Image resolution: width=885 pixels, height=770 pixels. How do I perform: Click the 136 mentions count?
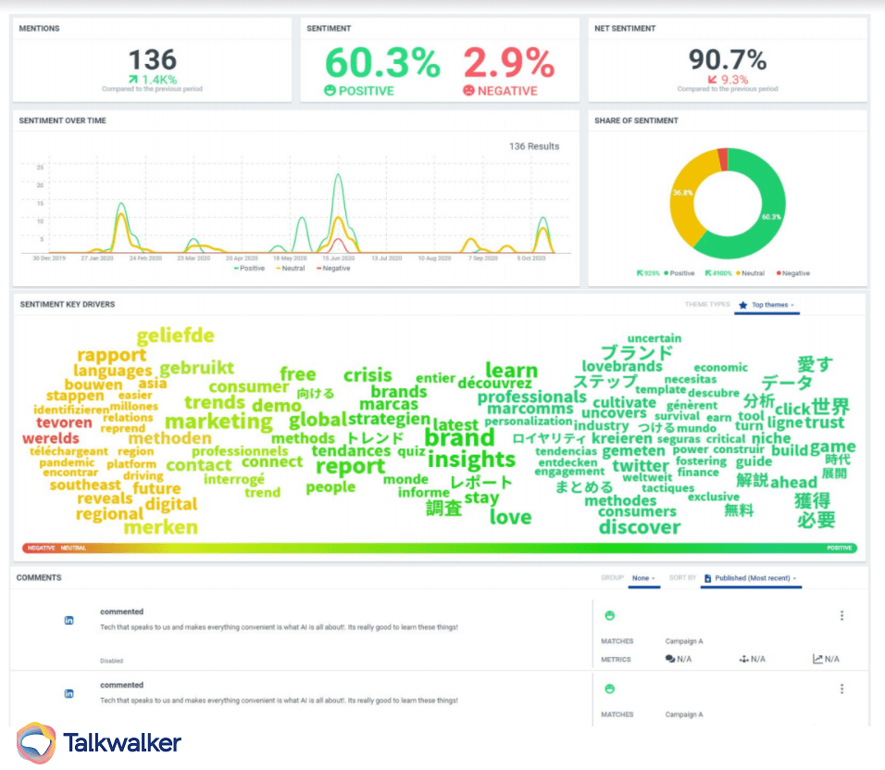click(152, 60)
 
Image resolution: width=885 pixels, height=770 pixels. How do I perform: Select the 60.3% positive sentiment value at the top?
click(382, 63)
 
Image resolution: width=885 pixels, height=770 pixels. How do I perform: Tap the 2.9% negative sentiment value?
click(508, 63)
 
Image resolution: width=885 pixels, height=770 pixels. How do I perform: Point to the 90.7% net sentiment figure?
click(728, 60)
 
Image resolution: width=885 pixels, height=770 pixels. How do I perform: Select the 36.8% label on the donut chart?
click(682, 193)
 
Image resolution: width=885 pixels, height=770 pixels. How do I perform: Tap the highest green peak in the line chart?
click(339, 174)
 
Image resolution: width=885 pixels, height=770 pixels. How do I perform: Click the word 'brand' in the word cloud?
click(459, 437)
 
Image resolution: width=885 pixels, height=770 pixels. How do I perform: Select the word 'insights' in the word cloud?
click(471, 460)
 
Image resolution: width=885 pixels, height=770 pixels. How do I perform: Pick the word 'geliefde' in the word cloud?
click(175, 335)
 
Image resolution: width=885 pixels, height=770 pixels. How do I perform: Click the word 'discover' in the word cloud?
click(639, 527)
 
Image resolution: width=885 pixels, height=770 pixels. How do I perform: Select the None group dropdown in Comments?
click(643, 578)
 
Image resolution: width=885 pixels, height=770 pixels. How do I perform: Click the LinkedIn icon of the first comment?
click(69, 620)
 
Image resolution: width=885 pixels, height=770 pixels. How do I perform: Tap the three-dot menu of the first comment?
click(841, 615)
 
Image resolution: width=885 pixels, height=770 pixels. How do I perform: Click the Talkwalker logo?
click(100, 742)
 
